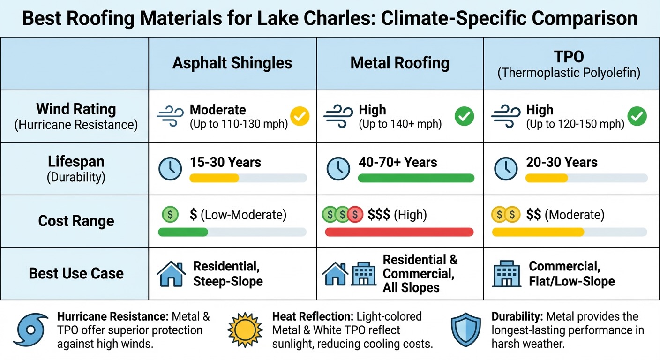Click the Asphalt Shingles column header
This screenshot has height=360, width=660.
pos(232,63)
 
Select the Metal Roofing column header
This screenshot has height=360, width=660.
pos(400,63)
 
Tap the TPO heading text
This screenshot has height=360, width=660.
pos(570,57)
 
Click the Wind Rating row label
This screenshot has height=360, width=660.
pos(76,109)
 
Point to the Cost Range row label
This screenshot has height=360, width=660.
pos(76,221)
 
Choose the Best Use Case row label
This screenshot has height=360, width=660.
pos(76,273)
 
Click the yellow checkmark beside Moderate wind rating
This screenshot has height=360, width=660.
pos(300,116)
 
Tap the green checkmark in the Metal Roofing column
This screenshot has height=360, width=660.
pos(464,116)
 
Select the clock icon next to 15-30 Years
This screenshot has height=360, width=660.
pos(170,169)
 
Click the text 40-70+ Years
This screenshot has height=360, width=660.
pos(397,163)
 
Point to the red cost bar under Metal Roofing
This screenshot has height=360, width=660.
pos(399,232)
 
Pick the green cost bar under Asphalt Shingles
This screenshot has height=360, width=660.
pos(183,232)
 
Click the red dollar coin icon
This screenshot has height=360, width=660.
pos(356,215)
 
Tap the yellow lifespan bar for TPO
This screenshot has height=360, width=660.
pos(547,178)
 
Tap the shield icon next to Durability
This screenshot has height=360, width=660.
pos(465,330)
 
